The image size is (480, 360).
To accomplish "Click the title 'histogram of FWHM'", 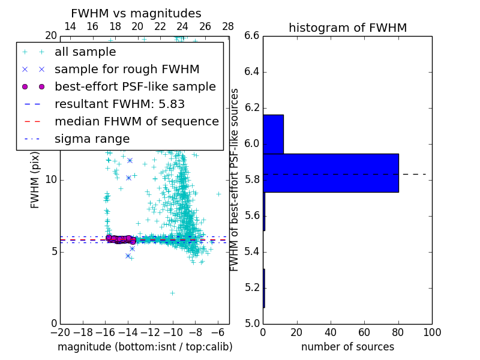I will coord(347,28).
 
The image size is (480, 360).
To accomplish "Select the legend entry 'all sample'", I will coord(85,52).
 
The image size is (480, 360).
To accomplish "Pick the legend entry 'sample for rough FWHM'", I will coord(127,70).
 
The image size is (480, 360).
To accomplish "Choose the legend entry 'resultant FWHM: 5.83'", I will coord(119,104).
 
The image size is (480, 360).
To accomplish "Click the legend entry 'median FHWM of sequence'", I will coord(136,122).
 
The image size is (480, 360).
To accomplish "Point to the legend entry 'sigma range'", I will coord(92,139).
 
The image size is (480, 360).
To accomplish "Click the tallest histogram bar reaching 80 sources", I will coord(331,173).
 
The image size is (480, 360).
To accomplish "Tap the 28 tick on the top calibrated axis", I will coord(228,27).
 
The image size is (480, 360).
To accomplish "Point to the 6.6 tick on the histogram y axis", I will coord(252,36).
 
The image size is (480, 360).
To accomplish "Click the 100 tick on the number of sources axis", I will coord(431,332).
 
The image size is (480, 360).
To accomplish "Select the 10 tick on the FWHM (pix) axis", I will coord(51,180).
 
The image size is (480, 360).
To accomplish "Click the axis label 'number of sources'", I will coord(347,347).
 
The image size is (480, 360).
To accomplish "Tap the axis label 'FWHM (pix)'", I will coord(35,180).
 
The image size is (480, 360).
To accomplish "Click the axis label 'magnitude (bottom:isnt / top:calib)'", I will coord(145,347).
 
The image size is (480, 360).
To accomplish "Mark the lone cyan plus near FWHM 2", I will coord(172,293).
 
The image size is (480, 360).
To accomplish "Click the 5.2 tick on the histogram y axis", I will coord(252,287).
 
